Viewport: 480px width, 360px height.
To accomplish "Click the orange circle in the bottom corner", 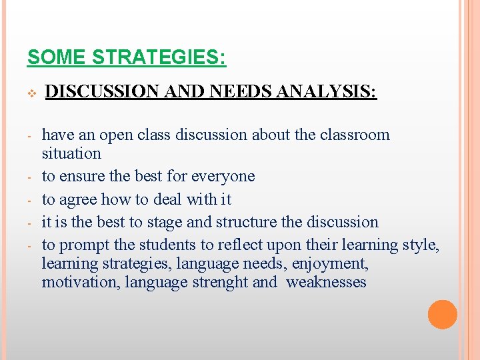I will click(x=443, y=315).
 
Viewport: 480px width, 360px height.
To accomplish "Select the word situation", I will click(x=71, y=153).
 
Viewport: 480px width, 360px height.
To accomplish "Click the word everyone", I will click(x=223, y=176).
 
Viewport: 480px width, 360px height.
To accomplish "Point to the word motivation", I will click(x=79, y=282).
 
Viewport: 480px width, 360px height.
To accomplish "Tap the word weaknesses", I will click(x=326, y=282).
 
